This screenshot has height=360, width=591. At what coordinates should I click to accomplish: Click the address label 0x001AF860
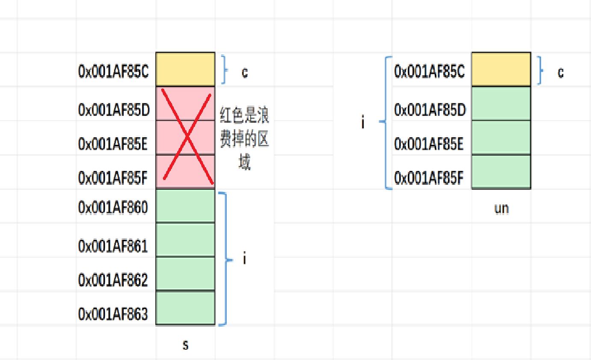113,208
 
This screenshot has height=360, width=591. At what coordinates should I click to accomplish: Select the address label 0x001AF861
113,246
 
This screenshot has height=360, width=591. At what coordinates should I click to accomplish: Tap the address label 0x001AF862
113,280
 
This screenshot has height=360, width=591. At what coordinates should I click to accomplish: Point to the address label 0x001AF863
113,314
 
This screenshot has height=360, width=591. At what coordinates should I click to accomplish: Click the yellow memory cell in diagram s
185,69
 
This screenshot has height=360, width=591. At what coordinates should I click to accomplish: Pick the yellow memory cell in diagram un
501,69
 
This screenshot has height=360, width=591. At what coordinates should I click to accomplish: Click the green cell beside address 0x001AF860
185,206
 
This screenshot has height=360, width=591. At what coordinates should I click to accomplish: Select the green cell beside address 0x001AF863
185,308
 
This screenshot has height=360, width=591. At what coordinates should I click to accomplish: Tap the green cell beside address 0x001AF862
185,274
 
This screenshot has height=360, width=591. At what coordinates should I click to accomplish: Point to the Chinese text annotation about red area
244,139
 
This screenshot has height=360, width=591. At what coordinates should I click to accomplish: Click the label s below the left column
185,345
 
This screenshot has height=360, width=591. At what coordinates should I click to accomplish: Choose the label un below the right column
501,209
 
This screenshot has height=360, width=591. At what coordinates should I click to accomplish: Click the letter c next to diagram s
245,73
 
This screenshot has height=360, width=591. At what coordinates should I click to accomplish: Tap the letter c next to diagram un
560,73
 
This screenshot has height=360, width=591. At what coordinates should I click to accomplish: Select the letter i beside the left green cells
245,259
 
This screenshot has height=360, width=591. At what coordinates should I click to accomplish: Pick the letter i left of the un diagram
363,123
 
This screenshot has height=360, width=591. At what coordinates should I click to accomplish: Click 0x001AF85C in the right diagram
429,71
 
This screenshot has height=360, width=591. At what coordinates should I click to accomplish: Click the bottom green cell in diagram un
501,171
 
